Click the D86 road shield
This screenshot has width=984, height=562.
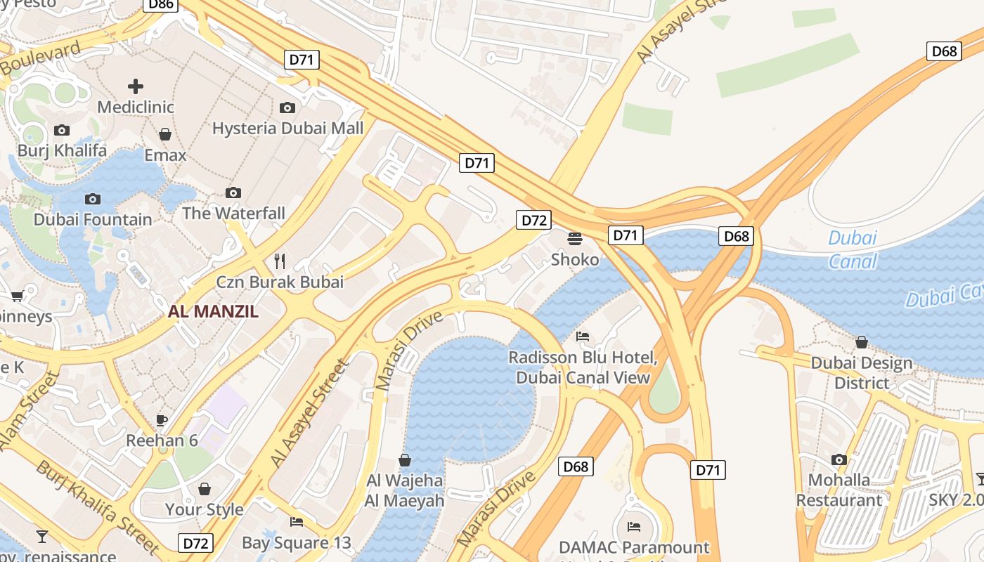pyautogui.click(x=161, y=4)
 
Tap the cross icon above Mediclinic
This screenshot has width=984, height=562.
pyautogui.click(x=136, y=86)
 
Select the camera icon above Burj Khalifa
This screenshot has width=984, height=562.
pyautogui.click(x=62, y=130)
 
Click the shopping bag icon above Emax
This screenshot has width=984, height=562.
pyautogui.click(x=165, y=134)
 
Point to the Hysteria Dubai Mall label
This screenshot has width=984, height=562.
pyautogui.click(x=288, y=128)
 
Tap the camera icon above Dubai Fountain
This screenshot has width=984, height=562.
pyautogui.click(x=93, y=199)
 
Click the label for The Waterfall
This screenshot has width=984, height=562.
pyautogui.click(x=233, y=213)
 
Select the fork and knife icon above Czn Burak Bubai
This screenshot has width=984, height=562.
pyautogui.click(x=280, y=261)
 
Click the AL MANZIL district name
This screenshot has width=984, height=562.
pyautogui.click(x=213, y=311)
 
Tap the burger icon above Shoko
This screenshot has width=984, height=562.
pyautogui.click(x=575, y=239)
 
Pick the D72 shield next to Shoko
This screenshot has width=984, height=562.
pyautogui.click(x=533, y=220)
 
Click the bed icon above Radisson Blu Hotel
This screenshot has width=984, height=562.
pyautogui.click(x=583, y=336)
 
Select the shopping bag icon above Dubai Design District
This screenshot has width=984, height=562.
pyautogui.click(x=862, y=342)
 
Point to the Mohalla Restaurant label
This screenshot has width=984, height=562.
pyautogui.click(x=839, y=490)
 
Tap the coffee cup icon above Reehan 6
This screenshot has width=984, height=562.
pyautogui.click(x=162, y=420)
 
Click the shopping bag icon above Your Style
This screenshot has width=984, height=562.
pyautogui.click(x=204, y=488)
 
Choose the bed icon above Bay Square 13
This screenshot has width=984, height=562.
pyautogui.click(x=297, y=522)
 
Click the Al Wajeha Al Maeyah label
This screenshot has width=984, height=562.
pyautogui.click(x=404, y=490)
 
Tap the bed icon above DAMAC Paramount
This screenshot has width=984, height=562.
pyautogui.click(x=634, y=526)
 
